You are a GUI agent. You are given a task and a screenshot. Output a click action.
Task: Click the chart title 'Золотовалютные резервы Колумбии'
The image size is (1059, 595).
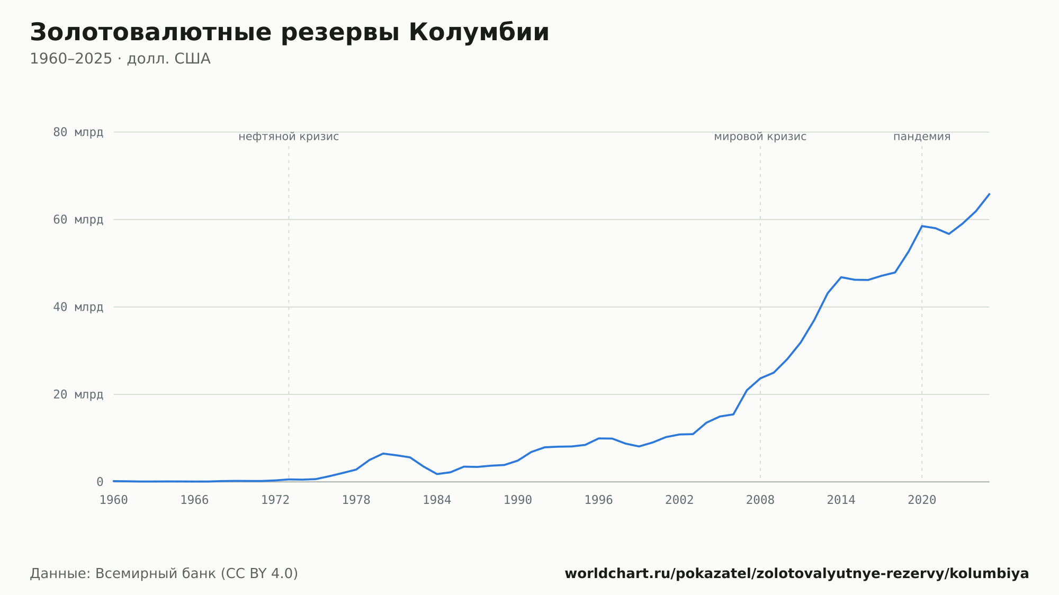[290, 33]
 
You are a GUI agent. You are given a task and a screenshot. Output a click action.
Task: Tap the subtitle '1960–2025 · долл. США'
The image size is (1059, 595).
[120, 59]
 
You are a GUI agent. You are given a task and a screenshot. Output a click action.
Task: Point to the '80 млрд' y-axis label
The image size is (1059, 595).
[78, 132]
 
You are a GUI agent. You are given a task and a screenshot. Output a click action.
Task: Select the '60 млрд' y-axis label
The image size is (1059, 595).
[78, 220]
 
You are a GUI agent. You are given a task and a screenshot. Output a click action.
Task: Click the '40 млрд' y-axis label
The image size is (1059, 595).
[78, 307]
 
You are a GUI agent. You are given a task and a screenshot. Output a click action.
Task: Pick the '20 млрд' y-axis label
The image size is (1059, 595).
[78, 394]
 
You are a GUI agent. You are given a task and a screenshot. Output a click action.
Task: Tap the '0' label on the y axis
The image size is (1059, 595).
[100, 482]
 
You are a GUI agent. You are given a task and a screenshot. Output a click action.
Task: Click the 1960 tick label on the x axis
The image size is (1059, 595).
[114, 500]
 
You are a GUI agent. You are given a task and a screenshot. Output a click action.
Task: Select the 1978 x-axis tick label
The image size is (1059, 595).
[356, 500]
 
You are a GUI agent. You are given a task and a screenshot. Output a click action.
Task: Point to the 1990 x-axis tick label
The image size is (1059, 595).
[518, 500]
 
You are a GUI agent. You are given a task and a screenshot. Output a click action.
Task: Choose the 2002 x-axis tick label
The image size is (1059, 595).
[679, 500]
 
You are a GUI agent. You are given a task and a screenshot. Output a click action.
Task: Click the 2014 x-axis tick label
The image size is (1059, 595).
[841, 500]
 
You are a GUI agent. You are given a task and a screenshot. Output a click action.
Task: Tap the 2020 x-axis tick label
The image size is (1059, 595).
[922, 500]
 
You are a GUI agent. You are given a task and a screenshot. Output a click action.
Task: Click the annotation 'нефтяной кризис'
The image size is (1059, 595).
[289, 137]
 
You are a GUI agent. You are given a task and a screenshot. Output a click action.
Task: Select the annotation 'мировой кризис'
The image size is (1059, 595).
[760, 137]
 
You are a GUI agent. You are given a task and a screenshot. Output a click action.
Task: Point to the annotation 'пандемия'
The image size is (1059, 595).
[922, 137]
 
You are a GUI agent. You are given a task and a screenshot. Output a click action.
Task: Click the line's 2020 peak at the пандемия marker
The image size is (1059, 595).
[922, 226]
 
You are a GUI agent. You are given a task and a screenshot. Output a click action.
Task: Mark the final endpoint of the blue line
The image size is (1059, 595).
[989, 194]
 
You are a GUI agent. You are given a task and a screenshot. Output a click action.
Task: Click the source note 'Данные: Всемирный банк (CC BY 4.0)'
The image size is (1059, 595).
[164, 573]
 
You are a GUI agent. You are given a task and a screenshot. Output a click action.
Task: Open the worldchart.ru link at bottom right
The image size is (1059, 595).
[797, 573]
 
